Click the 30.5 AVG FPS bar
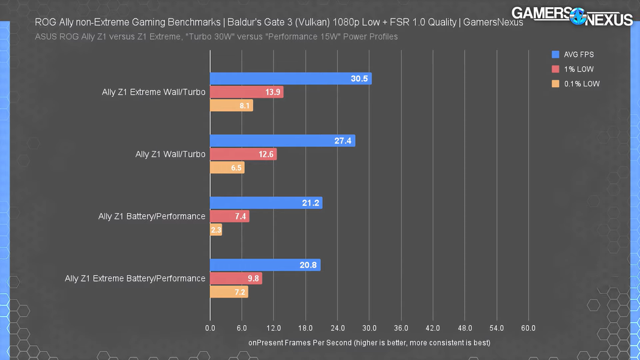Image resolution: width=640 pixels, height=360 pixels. point(290,79)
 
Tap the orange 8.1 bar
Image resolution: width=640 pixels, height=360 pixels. point(231,106)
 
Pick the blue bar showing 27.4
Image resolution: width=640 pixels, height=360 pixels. point(282,141)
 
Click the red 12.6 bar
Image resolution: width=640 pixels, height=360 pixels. point(243,154)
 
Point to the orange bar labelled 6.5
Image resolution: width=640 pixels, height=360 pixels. point(227,168)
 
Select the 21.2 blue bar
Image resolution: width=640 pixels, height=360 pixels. point(266,203)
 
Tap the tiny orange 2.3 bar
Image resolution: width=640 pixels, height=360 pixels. point(216,230)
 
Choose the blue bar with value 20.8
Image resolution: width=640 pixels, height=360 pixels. point(265,265)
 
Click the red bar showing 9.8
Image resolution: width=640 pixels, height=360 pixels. point(236,278)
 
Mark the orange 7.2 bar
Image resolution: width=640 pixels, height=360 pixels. point(229,292)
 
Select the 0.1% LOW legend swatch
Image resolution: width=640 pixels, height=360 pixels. point(555,84)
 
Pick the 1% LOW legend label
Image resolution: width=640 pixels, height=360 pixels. point(579,69)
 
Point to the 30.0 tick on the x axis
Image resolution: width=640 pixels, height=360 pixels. point(369,328)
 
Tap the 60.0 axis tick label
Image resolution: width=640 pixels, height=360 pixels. point(528,328)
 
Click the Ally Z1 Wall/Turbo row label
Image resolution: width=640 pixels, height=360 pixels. point(170,154)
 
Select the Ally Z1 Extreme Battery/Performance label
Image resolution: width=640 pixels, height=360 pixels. point(135,278)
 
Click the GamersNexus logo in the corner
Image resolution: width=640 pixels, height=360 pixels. point(572,16)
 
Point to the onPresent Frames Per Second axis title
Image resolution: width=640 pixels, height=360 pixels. point(369,343)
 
